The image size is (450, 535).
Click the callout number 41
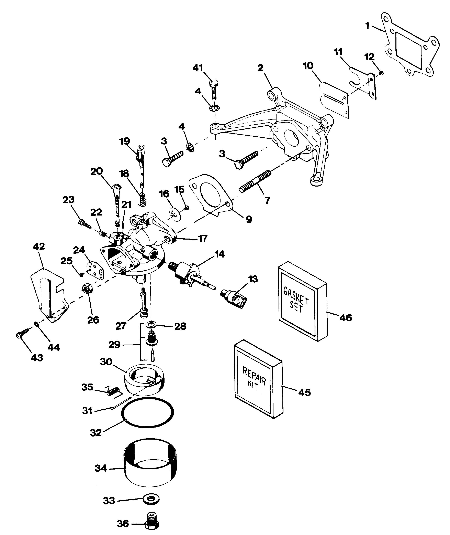click(x=198, y=68)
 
